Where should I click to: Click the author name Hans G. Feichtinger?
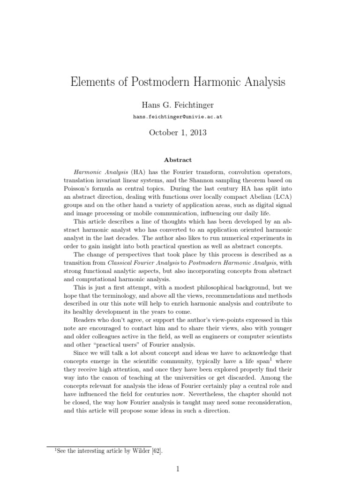[x=180, y=105]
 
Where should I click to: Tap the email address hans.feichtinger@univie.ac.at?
[x=180, y=117]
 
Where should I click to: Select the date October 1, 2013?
[x=180, y=133]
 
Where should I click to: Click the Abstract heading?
[x=180, y=160]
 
